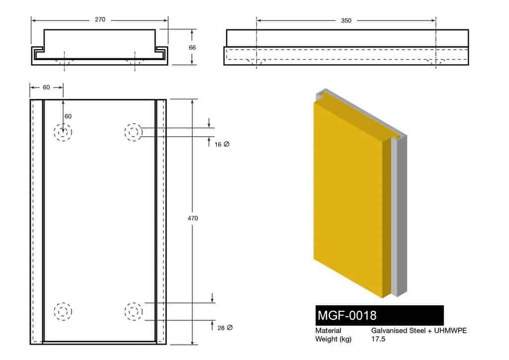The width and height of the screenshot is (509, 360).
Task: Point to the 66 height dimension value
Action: [x=192, y=47]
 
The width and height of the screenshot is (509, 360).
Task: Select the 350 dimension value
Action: [x=346, y=20]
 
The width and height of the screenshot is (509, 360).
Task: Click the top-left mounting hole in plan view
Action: [x=63, y=132]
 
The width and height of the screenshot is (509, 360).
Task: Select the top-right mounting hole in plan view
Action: [x=133, y=132]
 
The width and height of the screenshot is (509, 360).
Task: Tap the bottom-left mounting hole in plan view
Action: [x=63, y=312]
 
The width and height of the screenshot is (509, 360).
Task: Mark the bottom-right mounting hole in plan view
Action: [x=133, y=312]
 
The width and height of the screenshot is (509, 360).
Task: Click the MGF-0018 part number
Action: [x=346, y=315]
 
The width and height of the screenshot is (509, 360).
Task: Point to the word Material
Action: [x=328, y=331]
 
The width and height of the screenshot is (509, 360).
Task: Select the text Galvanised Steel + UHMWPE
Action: [x=419, y=331]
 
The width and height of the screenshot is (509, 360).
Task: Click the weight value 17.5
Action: [x=378, y=339]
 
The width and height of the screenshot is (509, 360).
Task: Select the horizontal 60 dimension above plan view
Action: [x=46, y=88]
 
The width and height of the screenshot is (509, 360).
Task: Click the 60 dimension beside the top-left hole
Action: [x=68, y=116]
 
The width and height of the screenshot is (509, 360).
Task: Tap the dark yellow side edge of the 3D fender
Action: [x=387, y=219]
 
